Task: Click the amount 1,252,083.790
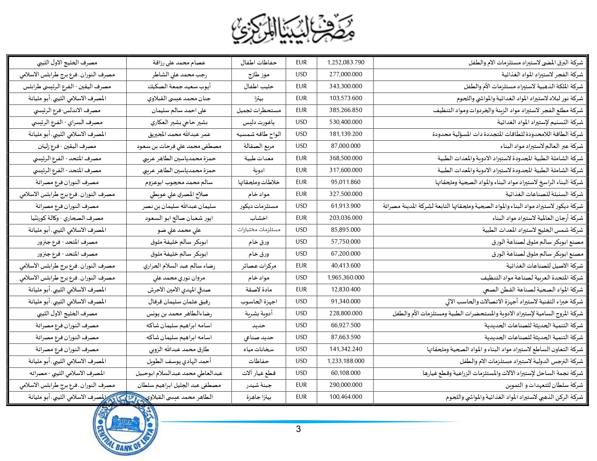(x=346, y=62)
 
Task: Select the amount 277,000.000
(x=346, y=74)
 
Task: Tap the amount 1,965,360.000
(x=346, y=277)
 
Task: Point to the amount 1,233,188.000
(x=346, y=361)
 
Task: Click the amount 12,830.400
(x=346, y=289)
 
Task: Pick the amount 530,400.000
(x=346, y=122)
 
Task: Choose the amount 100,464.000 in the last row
(x=346, y=397)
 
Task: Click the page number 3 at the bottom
(x=298, y=429)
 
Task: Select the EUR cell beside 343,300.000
(x=301, y=86)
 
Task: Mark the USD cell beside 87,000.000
(x=301, y=146)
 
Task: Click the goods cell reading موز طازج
(x=259, y=74)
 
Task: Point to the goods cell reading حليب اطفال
(x=259, y=86)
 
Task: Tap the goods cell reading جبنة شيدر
(x=259, y=385)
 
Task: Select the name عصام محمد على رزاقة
(x=179, y=63)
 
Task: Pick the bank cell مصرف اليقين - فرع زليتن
(x=67, y=146)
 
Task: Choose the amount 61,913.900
(x=346, y=206)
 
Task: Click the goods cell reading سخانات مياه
(x=259, y=349)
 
